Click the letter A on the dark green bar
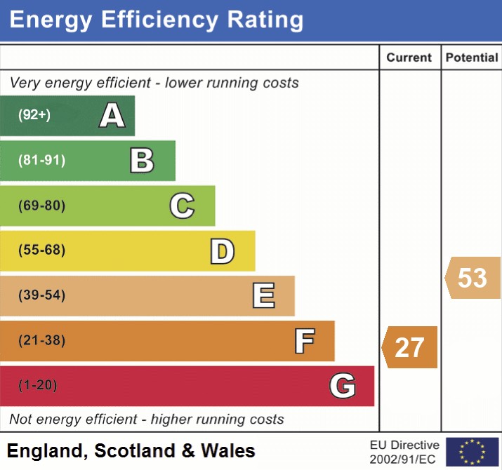pyautogui.click(x=112, y=115)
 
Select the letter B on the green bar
pyautogui.click(x=142, y=161)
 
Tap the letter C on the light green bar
pyautogui.click(x=182, y=206)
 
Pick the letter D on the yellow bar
pyautogui.click(x=222, y=251)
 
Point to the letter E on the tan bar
pyautogui.click(x=263, y=296)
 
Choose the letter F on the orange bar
pyautogui.click(x=304, y=341)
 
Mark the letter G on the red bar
pyautogui.click(x=342, y=386)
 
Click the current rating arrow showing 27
pyautogui.click(x=410, y=347)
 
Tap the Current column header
pyautogui.click(x=409, y=58)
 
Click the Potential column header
pyautogui.click(x=472, y=58)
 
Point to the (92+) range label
pyautogui.click(x=34, y=115)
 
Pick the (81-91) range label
pyautogui.click(x=41, y=161)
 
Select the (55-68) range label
pyautogui.click(x=41, y=250)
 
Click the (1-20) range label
pyautogui.click(x=37, y=385)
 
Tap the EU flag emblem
pyautogui.click(x=472, y=452)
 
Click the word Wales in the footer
pyautogui.click(x=228, y=450)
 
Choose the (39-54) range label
pyautogui.click(x=41, y=295)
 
